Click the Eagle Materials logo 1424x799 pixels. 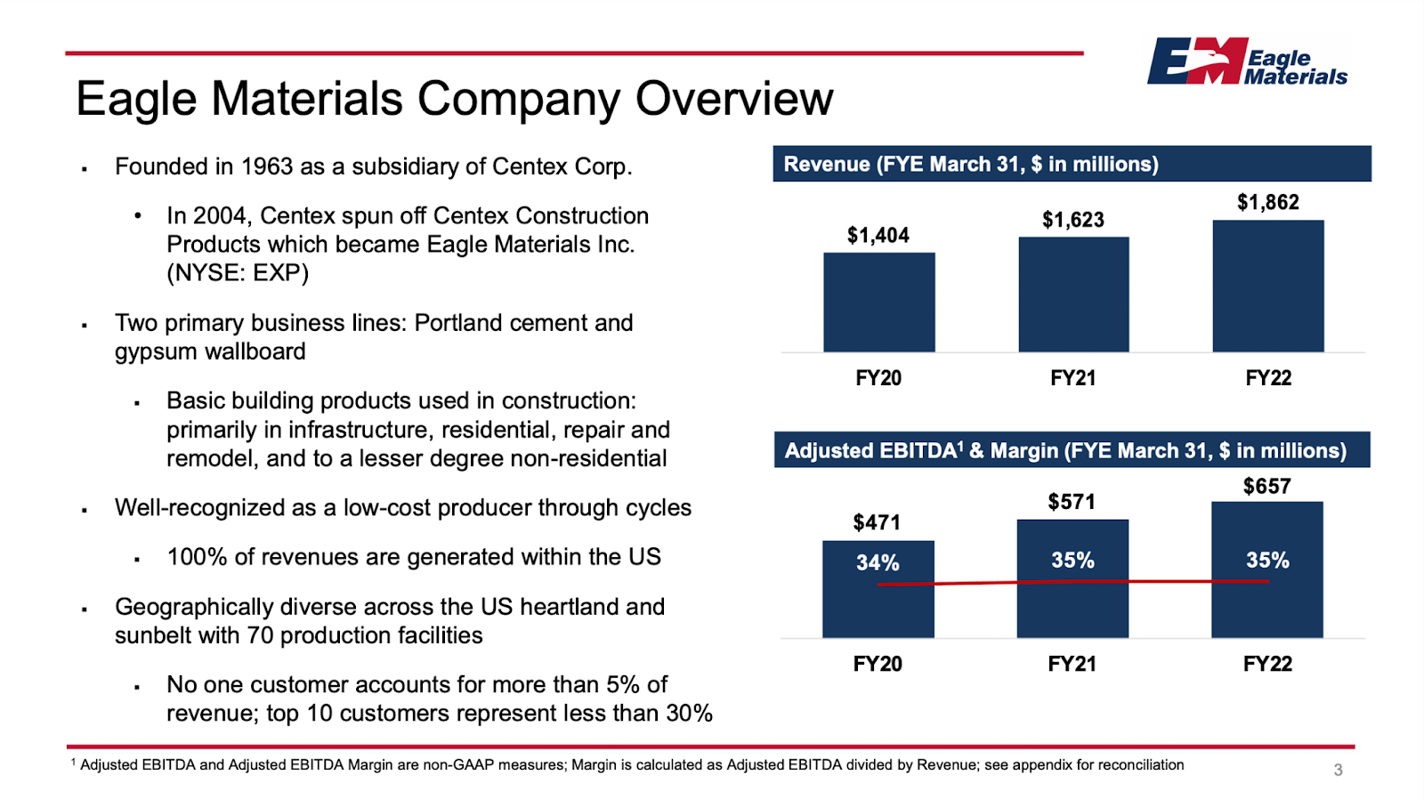pos(1246,61)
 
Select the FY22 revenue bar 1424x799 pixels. pos(1267,286)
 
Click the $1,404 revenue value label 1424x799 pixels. pos(878,235)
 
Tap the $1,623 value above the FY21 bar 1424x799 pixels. pos(1072,220)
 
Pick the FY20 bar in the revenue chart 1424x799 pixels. pos(878,302)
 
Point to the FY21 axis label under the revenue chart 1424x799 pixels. pos(1072,378)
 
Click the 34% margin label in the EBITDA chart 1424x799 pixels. pos(878,562)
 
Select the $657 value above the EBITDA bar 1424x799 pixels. pos(1266,486)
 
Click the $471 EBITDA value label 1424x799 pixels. pos(877,522)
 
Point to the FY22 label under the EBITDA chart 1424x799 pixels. pos(1267,664)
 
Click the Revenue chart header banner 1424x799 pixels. pos(1072,164)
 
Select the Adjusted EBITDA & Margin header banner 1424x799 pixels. pos(1072,450)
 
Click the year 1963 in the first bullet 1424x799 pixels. pos(267,167)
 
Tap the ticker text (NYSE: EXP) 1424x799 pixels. pos(238,273)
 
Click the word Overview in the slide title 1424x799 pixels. pos(733,99)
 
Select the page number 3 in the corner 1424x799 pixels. pos(1338,770)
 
